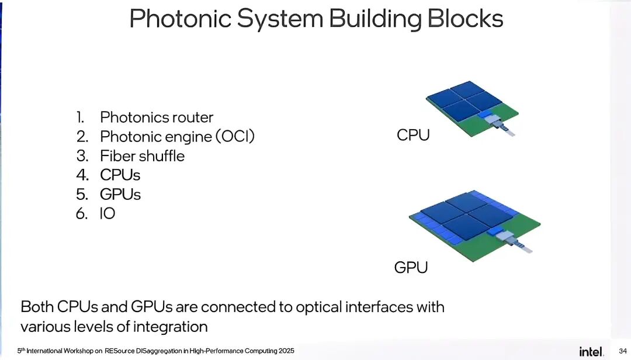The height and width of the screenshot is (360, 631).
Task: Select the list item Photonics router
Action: point(157,117)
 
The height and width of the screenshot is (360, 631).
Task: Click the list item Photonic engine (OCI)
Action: point(178,137)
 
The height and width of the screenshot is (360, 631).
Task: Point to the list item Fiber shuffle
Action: point(142,156)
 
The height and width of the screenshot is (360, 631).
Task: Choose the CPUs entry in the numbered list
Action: point(120,175)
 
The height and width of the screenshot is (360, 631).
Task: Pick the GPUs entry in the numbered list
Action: point(120,194)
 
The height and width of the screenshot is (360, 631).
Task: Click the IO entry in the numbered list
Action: point(108,213)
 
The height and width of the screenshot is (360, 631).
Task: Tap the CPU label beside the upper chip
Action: point(413,135)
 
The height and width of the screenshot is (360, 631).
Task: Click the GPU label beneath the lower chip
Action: point(411,268)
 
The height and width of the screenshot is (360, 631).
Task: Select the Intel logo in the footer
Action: point(591,351)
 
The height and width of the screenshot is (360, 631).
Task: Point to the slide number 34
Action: point(622,351)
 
